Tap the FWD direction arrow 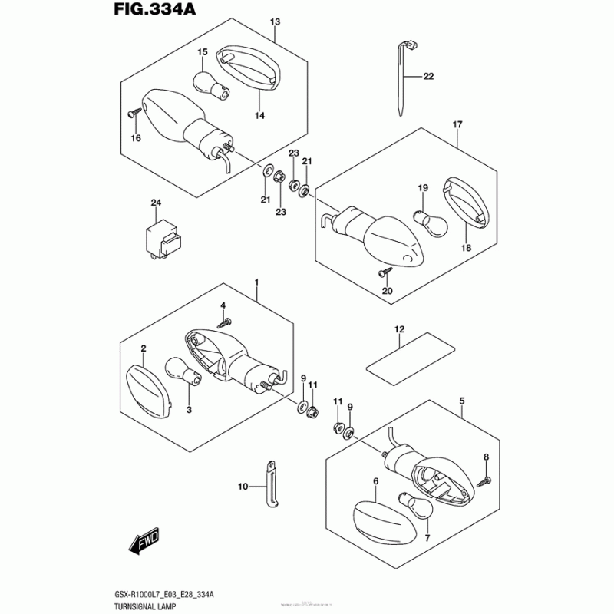click(144, 544)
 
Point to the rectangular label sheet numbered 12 click(406, 353)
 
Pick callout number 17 click(457, 124)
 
